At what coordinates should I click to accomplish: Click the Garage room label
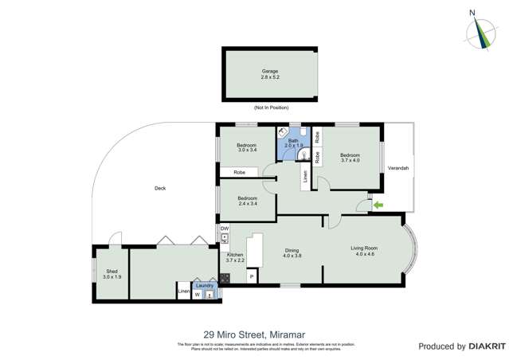point(270,71)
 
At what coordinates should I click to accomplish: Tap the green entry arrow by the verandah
point(378,205)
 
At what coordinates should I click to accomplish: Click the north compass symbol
point(480,31)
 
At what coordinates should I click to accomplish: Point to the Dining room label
point(292,251)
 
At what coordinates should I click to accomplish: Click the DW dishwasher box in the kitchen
point(225,229)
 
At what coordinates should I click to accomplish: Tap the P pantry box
point(252,277)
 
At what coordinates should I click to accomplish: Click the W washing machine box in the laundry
point(197,295)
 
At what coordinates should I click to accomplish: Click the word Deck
point(160,188)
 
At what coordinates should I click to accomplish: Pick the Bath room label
point(293,141)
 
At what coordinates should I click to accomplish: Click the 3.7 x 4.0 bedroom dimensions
point(350,160)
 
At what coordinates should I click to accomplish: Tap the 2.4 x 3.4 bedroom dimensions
point(247,203)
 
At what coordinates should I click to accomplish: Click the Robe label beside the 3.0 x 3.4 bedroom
point(238,172)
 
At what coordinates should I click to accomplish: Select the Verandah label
point(398,168)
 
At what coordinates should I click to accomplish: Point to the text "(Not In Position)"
point(271,108)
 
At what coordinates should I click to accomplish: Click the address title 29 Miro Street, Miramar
point(254,335)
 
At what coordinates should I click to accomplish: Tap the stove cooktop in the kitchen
point(225,278)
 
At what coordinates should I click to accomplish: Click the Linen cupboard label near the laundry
point(184,292)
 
